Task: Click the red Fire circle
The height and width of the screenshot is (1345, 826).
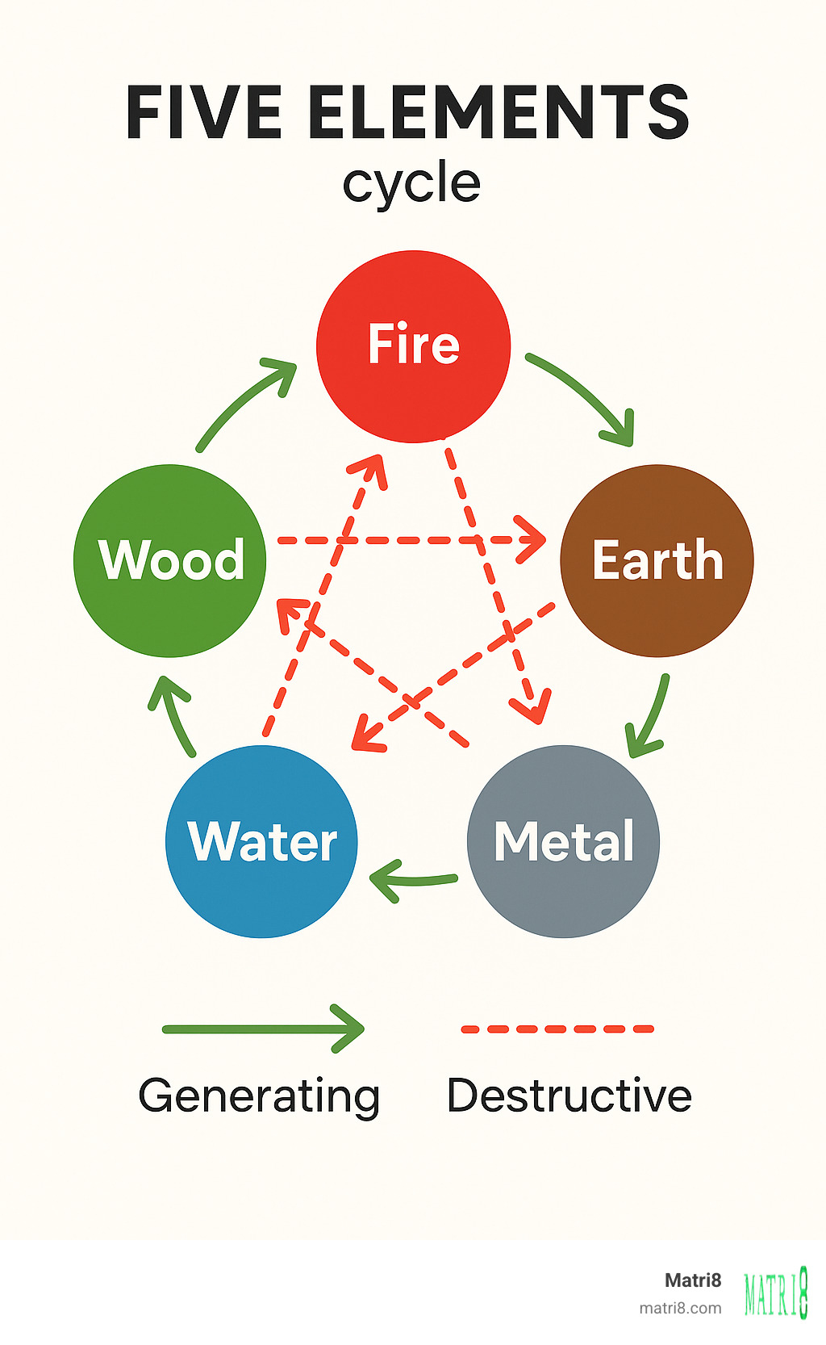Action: click(413, 346)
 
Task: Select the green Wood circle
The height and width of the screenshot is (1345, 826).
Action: click(170, 560)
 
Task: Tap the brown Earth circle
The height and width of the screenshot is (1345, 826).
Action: click(657, 560)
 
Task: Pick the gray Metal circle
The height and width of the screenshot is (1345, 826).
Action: click(563, 841)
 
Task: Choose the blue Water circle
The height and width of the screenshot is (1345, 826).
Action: click(261, 841)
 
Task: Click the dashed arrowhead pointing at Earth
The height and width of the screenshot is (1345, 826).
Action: click(532, 539)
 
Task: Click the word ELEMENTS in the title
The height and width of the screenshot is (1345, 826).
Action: click(499, 112)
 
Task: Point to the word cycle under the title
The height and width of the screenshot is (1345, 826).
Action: click(411, 183)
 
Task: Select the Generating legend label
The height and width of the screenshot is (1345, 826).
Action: click(259, 1096)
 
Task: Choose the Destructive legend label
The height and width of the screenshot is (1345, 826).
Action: click(569, 1096)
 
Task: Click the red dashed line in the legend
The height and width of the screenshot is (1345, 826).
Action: click(557, 1029)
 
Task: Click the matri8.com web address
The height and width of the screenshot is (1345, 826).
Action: click(680, 1308)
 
